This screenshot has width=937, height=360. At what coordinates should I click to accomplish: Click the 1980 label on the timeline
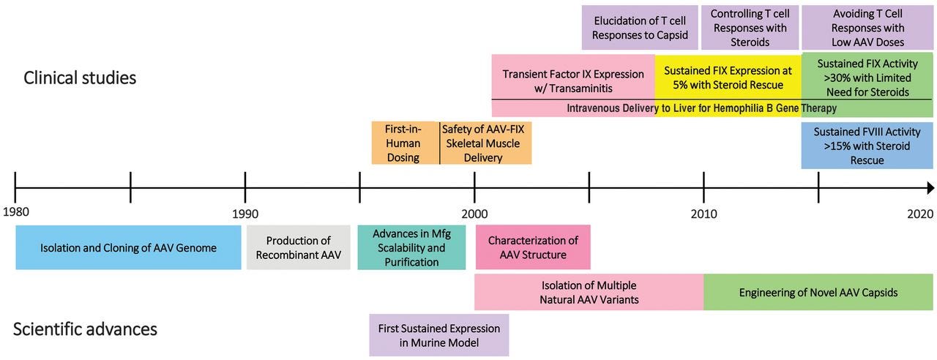click(x=16, y=212)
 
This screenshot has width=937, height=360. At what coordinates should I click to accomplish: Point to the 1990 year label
click(x=245, y=214)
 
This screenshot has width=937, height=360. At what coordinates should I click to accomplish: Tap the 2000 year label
click(x=474, y=214)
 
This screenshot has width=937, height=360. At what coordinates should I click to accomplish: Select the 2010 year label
click(x=703, y=214)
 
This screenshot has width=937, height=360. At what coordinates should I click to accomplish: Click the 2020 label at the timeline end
click(x=920, y=214)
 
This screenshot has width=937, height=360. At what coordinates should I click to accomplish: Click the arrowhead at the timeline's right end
click(x=930, y=188)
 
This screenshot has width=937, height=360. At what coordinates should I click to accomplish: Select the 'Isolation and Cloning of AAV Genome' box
click(x=128, y=247)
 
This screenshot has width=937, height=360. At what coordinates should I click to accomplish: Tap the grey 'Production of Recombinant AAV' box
click(x=298, y=247)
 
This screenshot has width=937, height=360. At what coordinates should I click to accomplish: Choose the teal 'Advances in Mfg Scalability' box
click(x=411, y=247)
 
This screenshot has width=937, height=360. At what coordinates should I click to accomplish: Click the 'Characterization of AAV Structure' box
click(x=533, y=247)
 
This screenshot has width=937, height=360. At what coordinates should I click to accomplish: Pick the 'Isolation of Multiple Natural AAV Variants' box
click(x=589, y=292)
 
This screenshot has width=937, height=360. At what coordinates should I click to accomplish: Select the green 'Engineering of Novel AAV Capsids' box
click(x=818, y=292)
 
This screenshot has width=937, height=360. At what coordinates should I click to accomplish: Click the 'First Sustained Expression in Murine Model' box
click(x=439, y=335)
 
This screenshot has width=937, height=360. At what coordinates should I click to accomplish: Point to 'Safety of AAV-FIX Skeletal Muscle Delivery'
click(x=485, y=143)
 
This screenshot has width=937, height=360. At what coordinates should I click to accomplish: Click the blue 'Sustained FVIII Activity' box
click(x=867, y=146)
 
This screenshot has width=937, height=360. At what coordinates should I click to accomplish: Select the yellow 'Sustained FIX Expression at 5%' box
click(x=728, y=78)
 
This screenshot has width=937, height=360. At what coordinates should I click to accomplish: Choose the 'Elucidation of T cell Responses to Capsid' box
click(x=640, y=28)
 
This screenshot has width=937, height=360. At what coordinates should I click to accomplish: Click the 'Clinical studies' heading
click(x=80, y=78)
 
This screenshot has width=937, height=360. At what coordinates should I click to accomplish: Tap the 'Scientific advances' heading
click(x=85, y=329)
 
